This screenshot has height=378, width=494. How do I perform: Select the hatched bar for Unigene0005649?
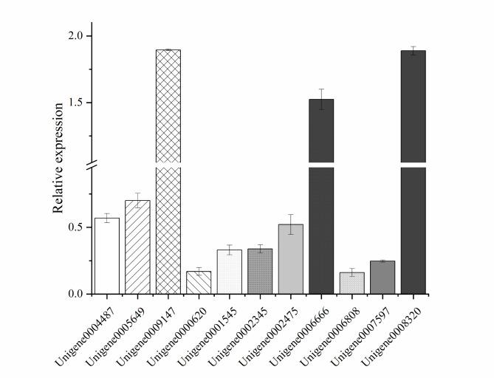coord(137,247)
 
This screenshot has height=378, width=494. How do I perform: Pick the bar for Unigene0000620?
coord(199,283)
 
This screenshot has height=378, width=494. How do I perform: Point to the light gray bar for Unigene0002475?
coord(290,259)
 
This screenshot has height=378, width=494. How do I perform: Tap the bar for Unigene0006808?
coord(351,283)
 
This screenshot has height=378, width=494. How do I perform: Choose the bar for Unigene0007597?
coord(382,278)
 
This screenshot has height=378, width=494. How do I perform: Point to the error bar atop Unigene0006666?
coord(321,99)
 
